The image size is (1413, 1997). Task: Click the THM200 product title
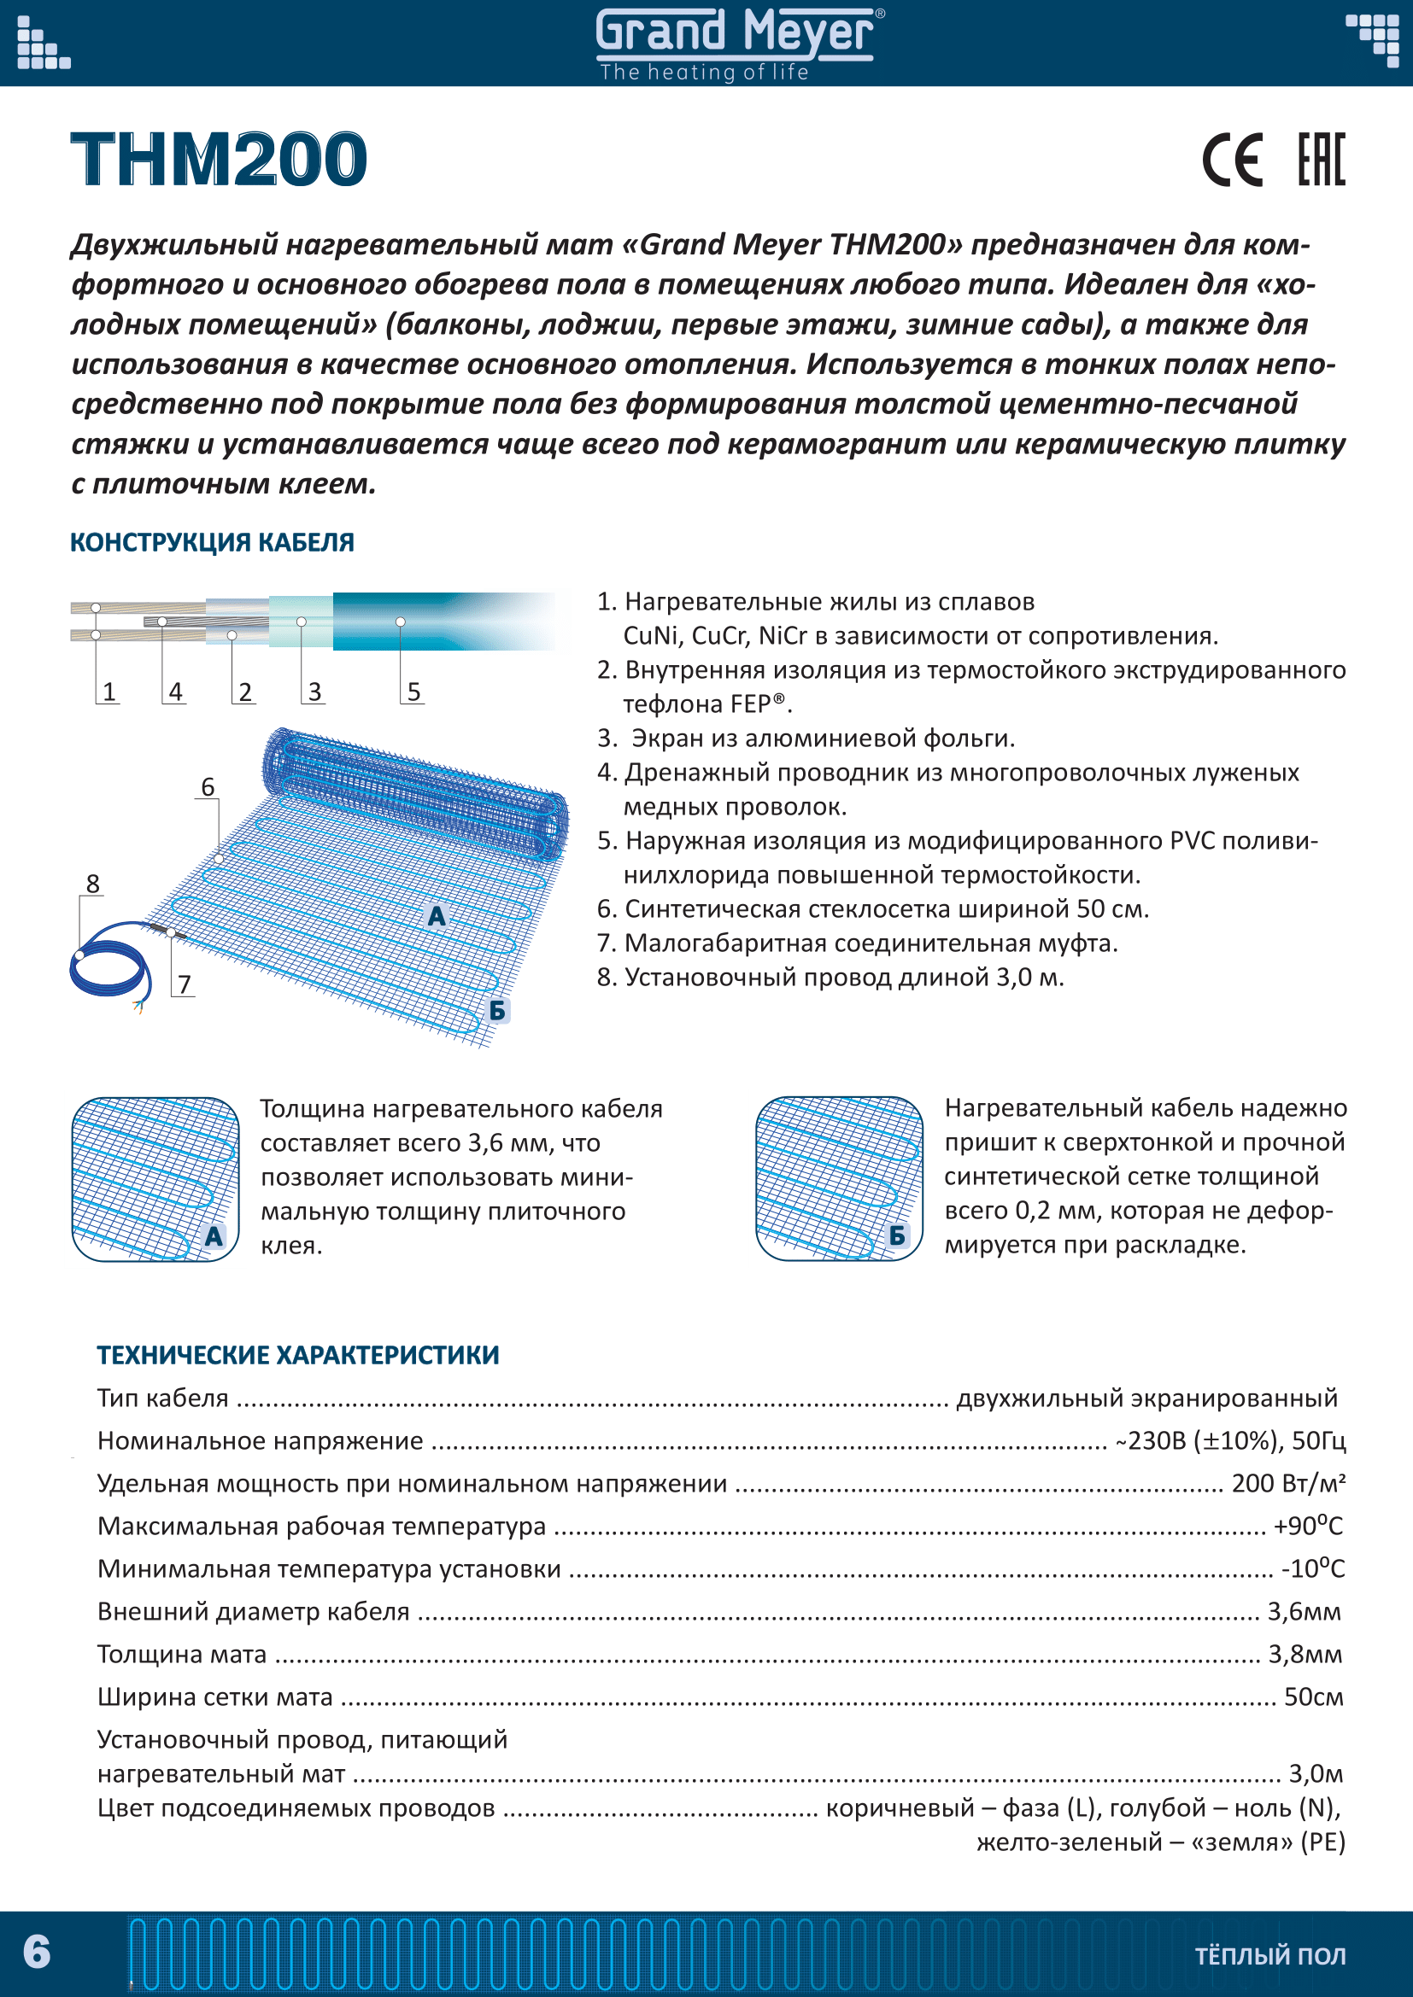(x=220, y=160)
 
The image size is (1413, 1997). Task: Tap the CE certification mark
(x=1232, y=161)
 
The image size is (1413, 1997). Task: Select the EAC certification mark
(x=1321, y=160)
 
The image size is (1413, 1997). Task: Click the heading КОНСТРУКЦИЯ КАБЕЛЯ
(x=213, y=543)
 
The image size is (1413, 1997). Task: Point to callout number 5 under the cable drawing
(x=414, y=692)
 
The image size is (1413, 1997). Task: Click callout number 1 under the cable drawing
(x=108, y=692)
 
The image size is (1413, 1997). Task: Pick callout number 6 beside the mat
(x=208, y=787)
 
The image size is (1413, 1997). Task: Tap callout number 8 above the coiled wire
(x=93, y=885)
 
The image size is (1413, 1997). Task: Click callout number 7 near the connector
(x=185, y=984)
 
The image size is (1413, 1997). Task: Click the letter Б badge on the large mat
(x=497, y=1011)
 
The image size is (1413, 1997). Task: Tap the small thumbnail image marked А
(x=155, y=1179)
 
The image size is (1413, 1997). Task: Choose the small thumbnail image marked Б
(x=840, y=1179)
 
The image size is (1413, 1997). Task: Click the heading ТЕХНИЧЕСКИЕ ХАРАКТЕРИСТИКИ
(x=298, y=1355)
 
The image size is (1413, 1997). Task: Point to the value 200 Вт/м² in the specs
(x=1287, y=1484)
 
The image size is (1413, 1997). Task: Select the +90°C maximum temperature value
(x=1308, y=1527)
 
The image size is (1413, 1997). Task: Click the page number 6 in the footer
(x=37, y=1952)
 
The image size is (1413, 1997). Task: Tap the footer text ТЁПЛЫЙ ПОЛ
(x=1270, y=1956)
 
